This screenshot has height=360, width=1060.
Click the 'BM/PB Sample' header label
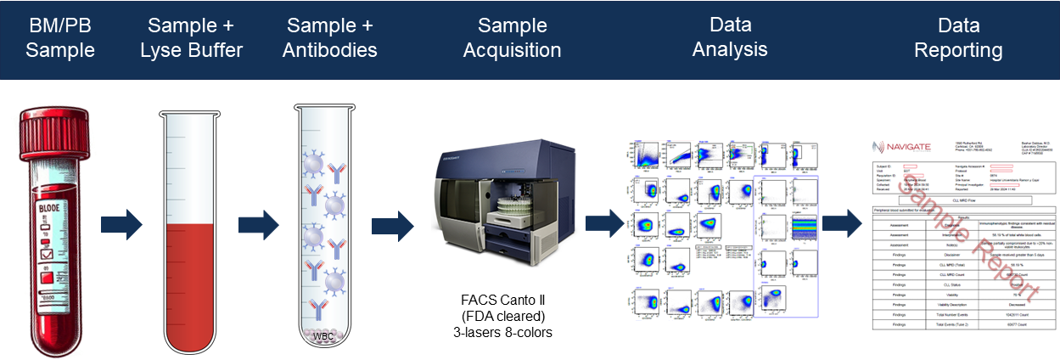[x=59, y=37]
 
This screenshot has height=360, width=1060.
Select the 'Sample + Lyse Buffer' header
[x=191, y=37]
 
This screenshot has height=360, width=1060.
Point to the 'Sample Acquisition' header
[x=512, y=37]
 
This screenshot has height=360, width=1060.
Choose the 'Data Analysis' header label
[x=730, y=37]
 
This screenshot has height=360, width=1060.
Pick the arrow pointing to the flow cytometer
[x=392, y=225]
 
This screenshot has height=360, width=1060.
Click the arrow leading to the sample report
[x=842, y=225]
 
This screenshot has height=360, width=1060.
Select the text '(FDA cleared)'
[x=502, y=316]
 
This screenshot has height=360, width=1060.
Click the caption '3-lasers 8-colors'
[x=502, y=332]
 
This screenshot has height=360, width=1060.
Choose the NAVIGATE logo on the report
[x=900, y=147]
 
